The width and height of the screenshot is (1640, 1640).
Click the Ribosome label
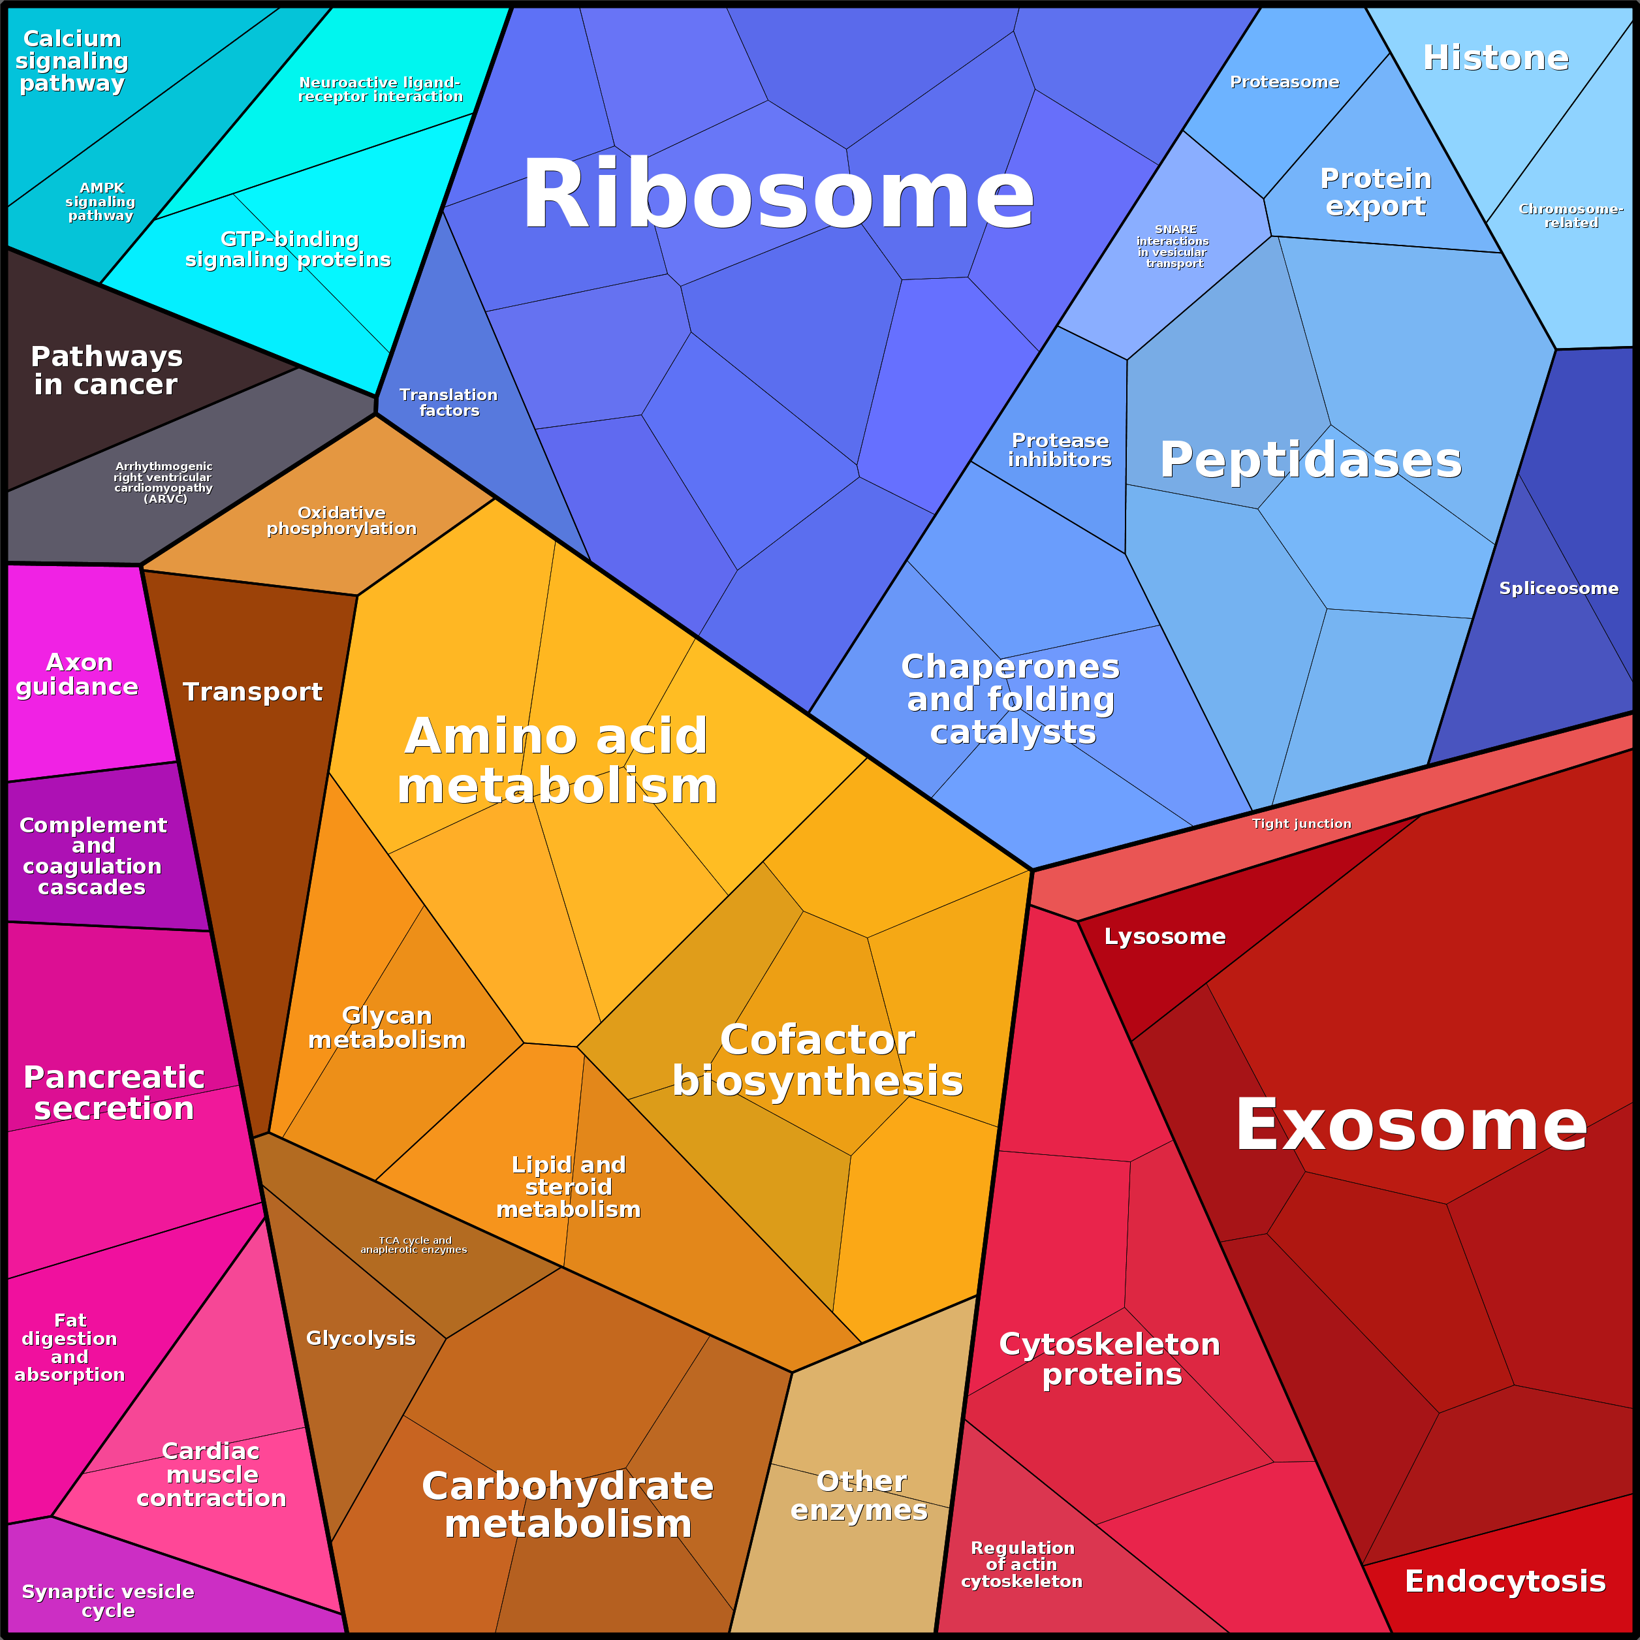coord(778,195)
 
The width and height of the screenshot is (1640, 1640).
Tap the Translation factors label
coord(449,402)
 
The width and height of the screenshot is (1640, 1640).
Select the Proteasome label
coord(1284,82)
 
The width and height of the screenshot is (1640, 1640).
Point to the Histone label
coord(1496,57)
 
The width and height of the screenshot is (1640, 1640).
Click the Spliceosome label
coord(1558,588)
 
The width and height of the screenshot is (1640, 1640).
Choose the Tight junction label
coord(1301,823)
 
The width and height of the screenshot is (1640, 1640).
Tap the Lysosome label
coord(1165,936)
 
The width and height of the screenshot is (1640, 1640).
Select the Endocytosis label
coord(1505,1581)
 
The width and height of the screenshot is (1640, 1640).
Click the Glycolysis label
coord(361,1338)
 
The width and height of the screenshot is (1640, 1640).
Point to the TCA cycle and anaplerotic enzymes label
coord(415,1245)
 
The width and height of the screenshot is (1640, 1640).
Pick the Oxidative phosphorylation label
coord(341,520)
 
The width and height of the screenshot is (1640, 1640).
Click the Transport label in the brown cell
coord(252,692)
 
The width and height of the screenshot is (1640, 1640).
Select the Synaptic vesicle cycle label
coord(108,1601)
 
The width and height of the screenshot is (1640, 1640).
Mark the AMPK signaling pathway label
coord(101,201)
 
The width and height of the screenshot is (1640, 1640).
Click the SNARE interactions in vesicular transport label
coord(1173,246)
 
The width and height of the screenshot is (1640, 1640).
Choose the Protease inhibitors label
coord(1060,450)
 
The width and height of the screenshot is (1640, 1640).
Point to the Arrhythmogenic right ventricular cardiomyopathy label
coord(164,482)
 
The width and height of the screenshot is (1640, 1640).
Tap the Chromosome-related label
coord(1571,215)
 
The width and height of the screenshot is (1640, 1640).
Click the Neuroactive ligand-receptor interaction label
coord(380,89)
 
